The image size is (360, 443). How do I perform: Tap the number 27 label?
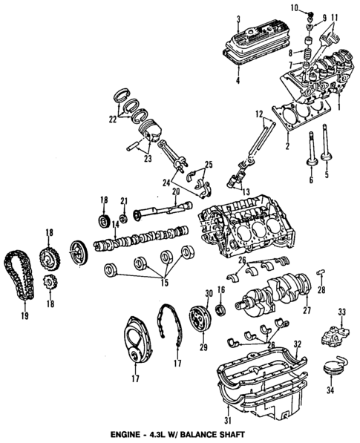pyautogui.click(x=307, y=311)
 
